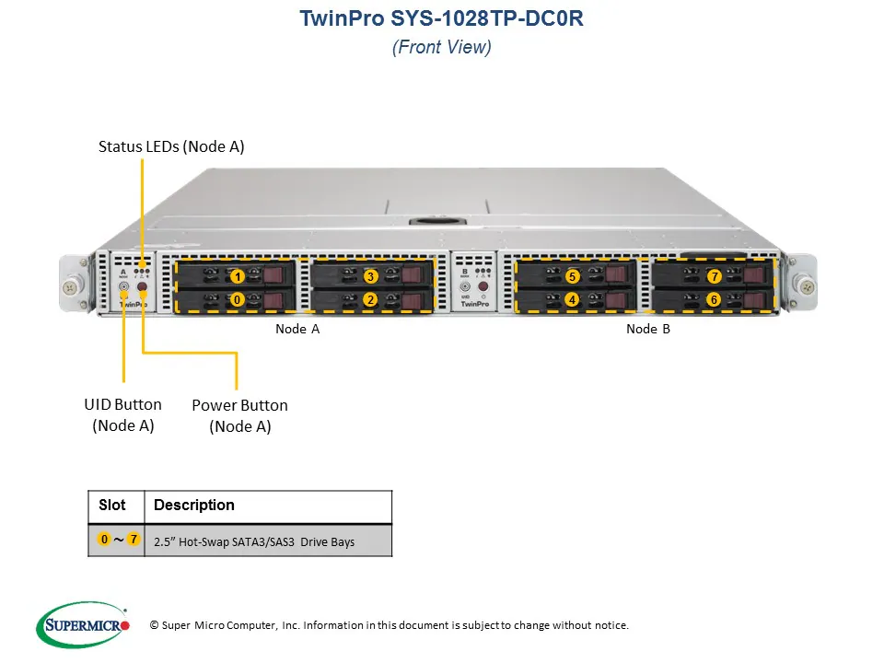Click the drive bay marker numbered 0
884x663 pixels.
pos(238,299)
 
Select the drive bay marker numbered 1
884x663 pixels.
pos(238,276)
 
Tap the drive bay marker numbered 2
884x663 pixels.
pos(370,299)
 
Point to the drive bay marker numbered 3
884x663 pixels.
pos(370,276)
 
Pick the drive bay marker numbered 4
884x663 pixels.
pos(572,299)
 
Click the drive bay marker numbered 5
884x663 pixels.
pos(572,276)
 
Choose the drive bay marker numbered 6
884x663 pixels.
pos(713,299)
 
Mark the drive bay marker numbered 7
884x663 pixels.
pos(713,276)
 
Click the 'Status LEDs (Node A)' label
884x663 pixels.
pos(171,146)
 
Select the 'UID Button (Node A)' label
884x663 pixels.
pos(122,414)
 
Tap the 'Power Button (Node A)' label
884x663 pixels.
pos(239,415)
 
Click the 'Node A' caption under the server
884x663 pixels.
pos(297,329)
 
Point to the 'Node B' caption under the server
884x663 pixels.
pos(648,329)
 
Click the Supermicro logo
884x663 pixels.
pos(84,625)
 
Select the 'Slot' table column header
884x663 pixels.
pos(112,506)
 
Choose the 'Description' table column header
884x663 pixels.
pos(194,506)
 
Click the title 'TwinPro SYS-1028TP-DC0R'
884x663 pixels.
pos(442,19)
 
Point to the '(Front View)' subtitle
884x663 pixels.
pos(442,48)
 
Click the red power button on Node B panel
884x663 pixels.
pos(483,287)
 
